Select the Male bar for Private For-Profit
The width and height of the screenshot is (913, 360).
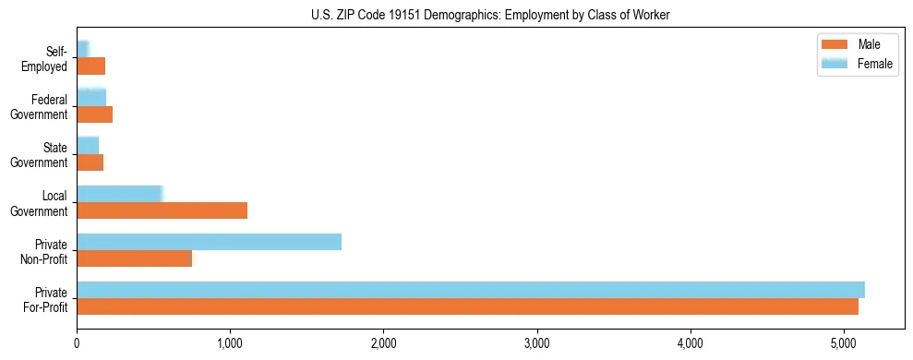[x=467, y=306]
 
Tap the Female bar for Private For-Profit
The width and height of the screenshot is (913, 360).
[x=471, y=289]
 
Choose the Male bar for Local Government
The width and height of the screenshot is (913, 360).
[x=162, y=210]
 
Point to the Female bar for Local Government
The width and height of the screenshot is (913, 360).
[x=119, y=194]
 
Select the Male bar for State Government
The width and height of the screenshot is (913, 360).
[x=90, y=162]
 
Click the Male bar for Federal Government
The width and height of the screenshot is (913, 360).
[x=94, y=114]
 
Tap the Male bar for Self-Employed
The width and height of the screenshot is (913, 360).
[x=90, y=66]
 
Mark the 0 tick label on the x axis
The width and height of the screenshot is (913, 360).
[x=77, y=344]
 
